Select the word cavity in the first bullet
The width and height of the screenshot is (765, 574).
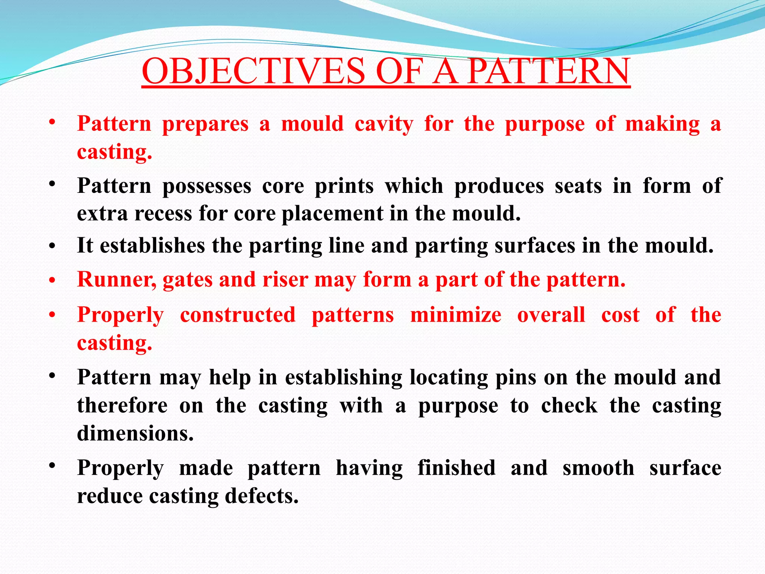click(x=384, y=124)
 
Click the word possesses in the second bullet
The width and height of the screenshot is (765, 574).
click(x=207, y=186)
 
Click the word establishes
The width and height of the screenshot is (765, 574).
click(x=152, y=246)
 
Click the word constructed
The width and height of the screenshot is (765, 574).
click(x=238, y=315)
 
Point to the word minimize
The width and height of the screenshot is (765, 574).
click(x=456, y=315)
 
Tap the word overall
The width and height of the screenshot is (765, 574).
click(x=551, y=315)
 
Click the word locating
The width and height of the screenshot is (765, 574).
click(x=449, y=377)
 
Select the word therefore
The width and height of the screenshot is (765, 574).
click(x=122, y=405)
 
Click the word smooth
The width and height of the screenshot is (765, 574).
click(x=598, y=468)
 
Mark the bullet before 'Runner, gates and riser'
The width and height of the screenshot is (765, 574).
click(x=52, y=280)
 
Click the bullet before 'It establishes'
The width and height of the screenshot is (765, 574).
click(x=52, y=246)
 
